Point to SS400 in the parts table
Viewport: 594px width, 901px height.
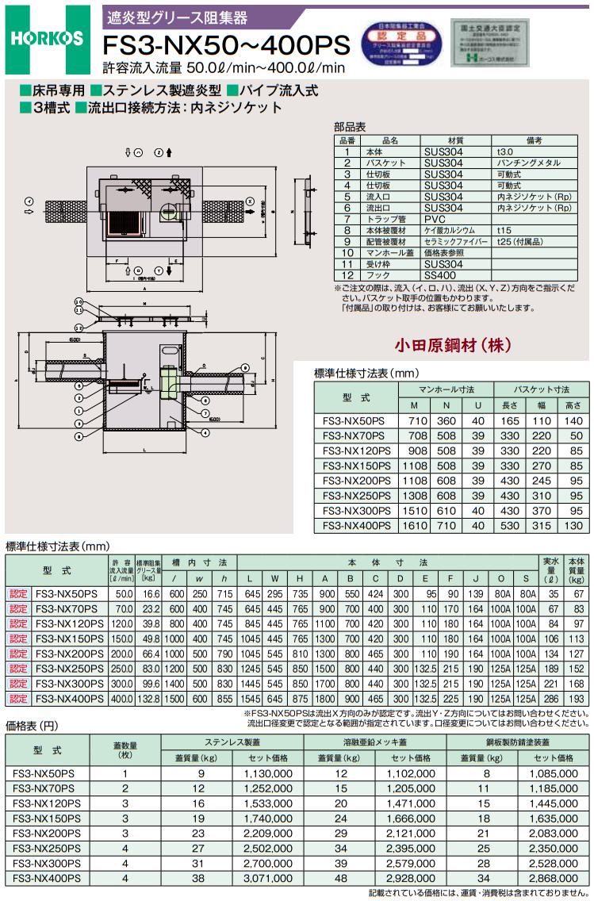tap(442, 274)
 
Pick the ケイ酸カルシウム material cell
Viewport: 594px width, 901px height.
tap(449, 230)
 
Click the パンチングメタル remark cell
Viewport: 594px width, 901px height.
tap(529, 163)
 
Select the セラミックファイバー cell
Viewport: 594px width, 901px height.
tap(453, 241)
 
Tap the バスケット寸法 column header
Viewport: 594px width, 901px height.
tap(541, 389)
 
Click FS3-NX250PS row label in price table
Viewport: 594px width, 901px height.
tap(47, 848)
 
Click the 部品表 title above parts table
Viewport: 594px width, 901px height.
tap(350, 127)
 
